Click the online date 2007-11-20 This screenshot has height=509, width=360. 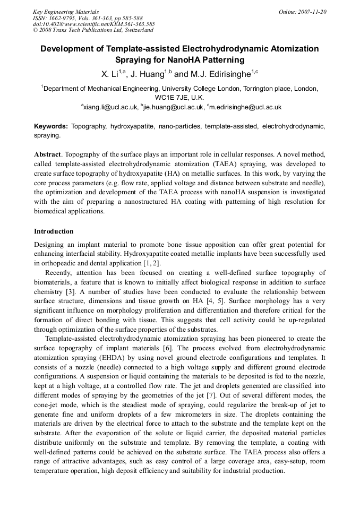(310, 12)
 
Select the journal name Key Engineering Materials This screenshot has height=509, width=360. (66, 12)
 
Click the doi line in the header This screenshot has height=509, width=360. (93, 24)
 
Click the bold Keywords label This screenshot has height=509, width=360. (50, 126)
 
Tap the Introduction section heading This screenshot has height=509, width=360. (54, 231)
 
